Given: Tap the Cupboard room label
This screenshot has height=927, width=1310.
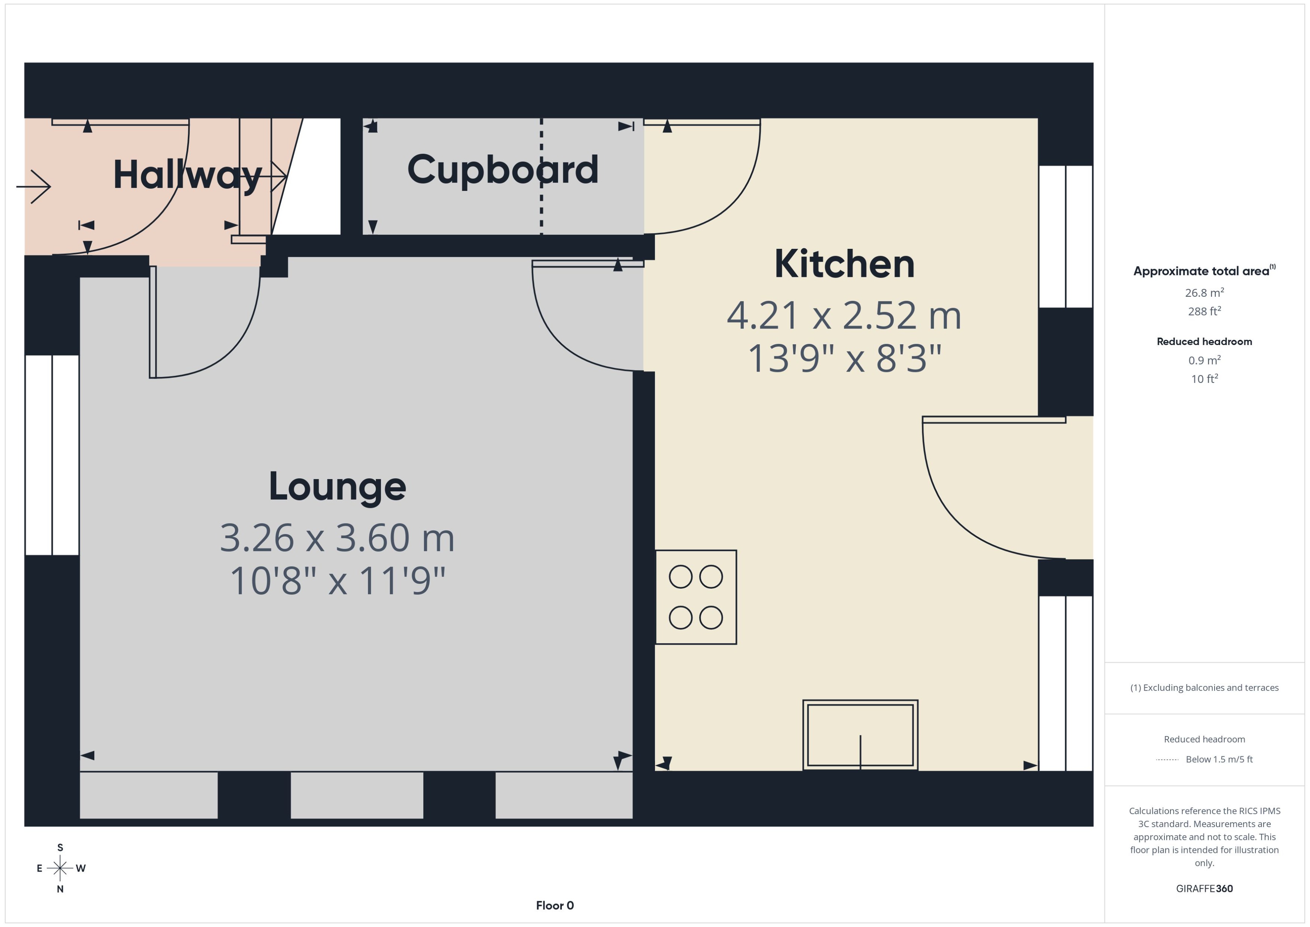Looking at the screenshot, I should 502,170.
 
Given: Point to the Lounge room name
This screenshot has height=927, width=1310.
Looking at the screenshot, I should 337,487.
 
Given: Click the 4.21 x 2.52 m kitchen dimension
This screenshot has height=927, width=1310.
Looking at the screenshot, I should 844,315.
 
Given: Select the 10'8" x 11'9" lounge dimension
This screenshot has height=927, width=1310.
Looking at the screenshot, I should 337,581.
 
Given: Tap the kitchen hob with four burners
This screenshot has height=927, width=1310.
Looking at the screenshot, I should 695,597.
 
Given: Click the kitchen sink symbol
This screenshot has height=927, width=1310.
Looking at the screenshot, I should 860,735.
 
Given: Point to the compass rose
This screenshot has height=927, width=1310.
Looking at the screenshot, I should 60,868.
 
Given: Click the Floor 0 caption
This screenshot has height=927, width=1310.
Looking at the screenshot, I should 554,905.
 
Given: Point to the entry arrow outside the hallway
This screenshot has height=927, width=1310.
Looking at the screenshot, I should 34,187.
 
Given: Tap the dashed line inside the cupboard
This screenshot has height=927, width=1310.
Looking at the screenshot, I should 541,177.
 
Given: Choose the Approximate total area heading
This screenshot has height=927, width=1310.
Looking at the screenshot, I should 1201,271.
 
